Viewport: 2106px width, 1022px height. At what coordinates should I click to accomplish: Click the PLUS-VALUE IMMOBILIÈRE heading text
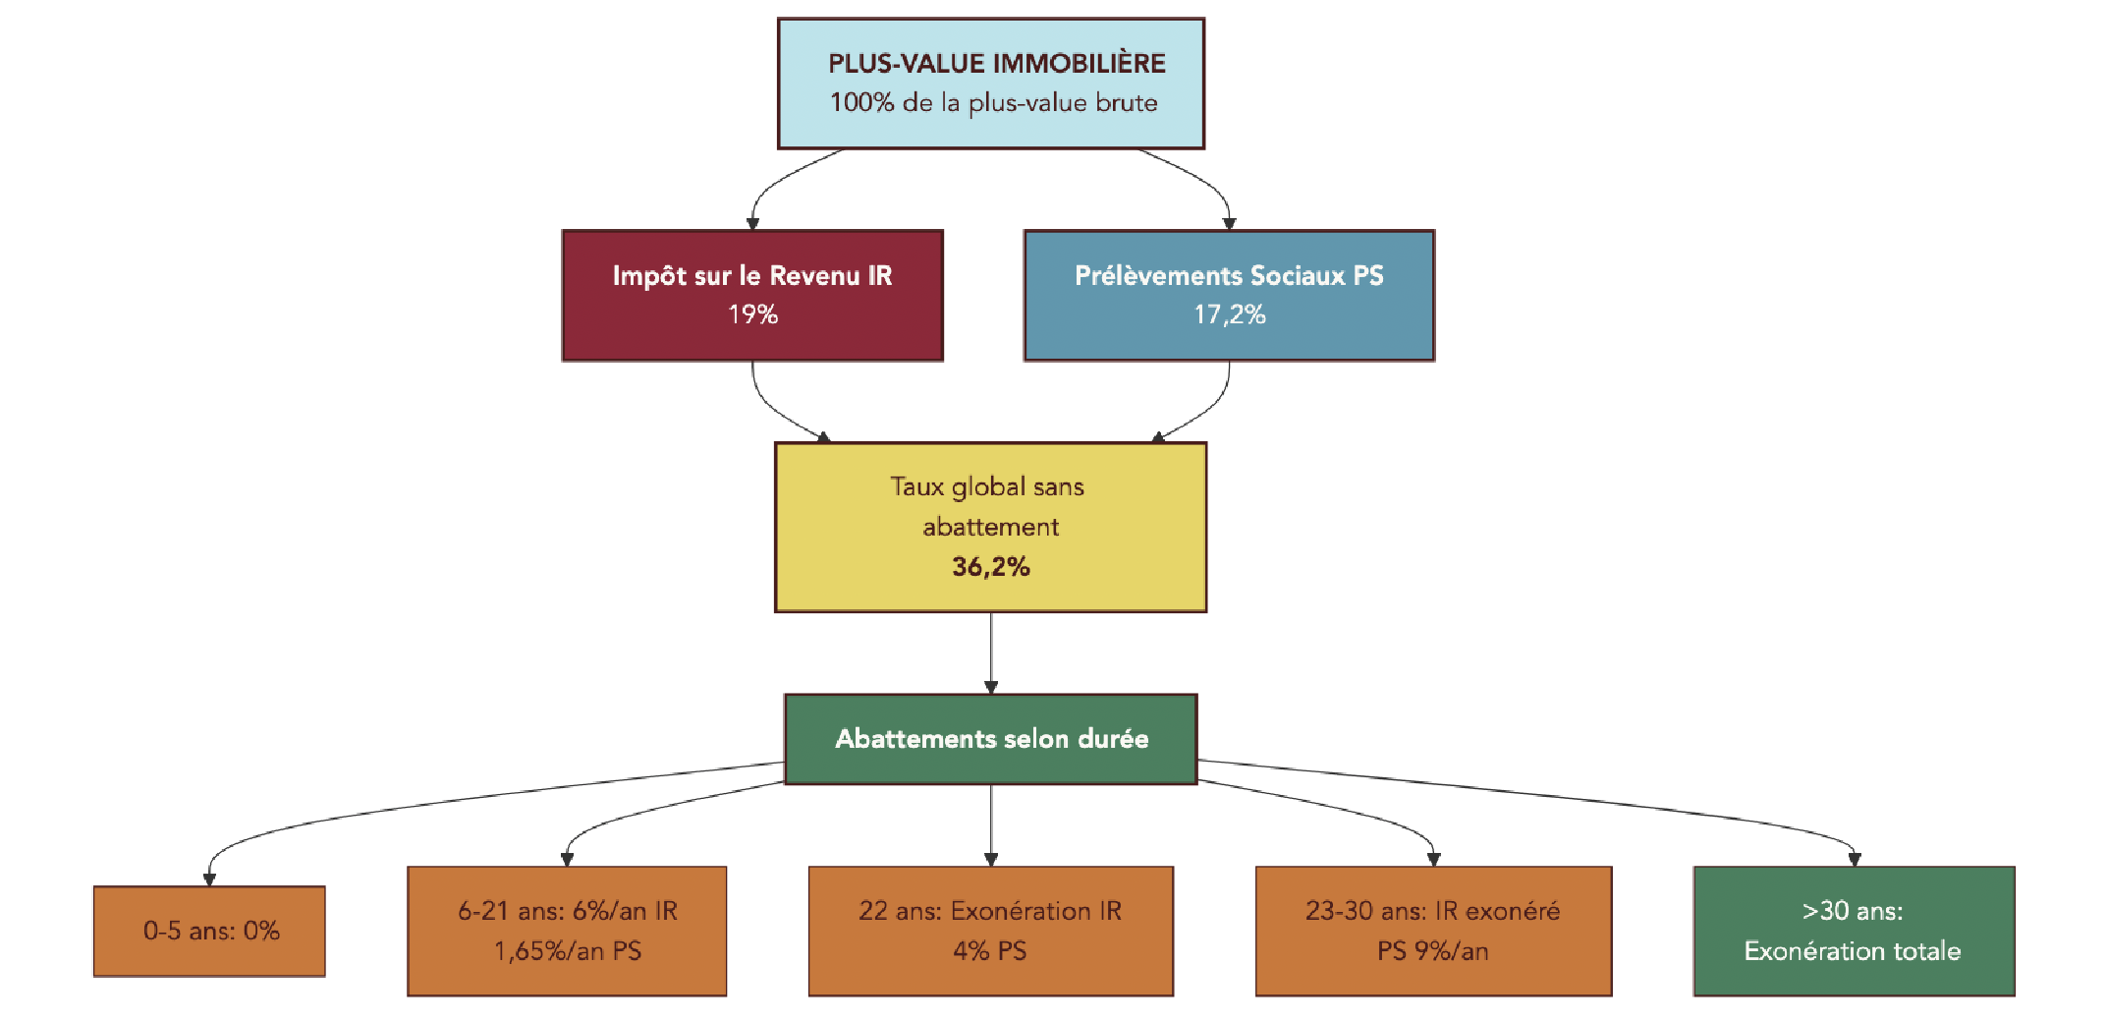tap(996, 64)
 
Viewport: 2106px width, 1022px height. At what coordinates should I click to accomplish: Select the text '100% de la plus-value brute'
tap(993, 103)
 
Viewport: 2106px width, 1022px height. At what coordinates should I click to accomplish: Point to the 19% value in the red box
tap(752, 314)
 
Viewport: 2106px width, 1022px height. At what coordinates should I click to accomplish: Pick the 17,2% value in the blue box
tap(1229, 314)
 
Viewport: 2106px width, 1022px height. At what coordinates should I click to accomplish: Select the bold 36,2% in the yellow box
tap(990, 567)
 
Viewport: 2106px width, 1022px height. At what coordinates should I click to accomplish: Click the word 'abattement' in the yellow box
tap(990, 528)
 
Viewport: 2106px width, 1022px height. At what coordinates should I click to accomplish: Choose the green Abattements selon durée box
tap(991, 739)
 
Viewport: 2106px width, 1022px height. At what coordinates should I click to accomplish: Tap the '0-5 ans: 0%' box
tap(210, 931)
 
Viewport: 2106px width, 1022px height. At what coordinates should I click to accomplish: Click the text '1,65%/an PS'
tap(567, 951)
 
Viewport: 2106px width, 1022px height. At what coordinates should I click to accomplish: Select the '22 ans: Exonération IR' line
tap(990, 911)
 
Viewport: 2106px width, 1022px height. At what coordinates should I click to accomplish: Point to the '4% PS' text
tap(990, 951)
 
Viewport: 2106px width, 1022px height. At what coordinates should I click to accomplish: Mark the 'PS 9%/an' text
tap(1432, 951)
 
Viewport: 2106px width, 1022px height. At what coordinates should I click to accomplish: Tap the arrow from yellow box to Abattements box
tap(991, 653)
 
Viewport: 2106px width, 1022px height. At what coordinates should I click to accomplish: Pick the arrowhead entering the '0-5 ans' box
tap(209, 879)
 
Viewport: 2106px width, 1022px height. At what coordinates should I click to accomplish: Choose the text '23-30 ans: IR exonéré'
tap(1432, 911)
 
